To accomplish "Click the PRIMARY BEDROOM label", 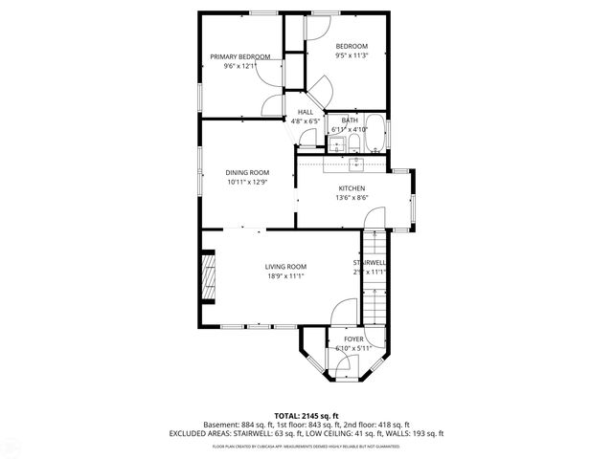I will tap(240, 56).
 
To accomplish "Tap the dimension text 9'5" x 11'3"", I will tap(351, 56).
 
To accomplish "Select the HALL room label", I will tap(306, 113).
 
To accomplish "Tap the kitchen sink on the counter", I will tap(353, 164).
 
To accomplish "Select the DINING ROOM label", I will tap(247, 172).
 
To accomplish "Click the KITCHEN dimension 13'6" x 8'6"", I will tap(352, 198).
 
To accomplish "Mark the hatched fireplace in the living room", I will tap(206, 277).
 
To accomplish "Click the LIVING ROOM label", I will tap(285, 267).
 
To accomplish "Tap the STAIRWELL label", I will tap(370, 262).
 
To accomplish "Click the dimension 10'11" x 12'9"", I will tap(247, 182).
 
